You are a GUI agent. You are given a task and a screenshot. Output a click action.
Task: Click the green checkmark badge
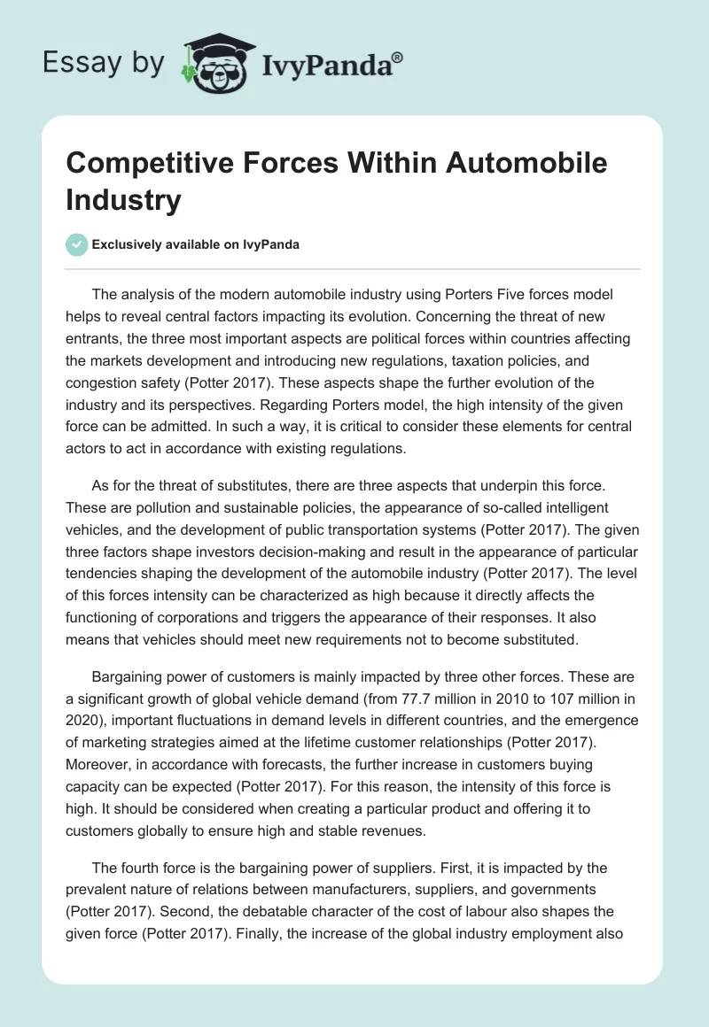(x=77, y=245)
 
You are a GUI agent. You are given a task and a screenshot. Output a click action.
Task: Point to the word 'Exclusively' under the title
(x=130, y=245)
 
